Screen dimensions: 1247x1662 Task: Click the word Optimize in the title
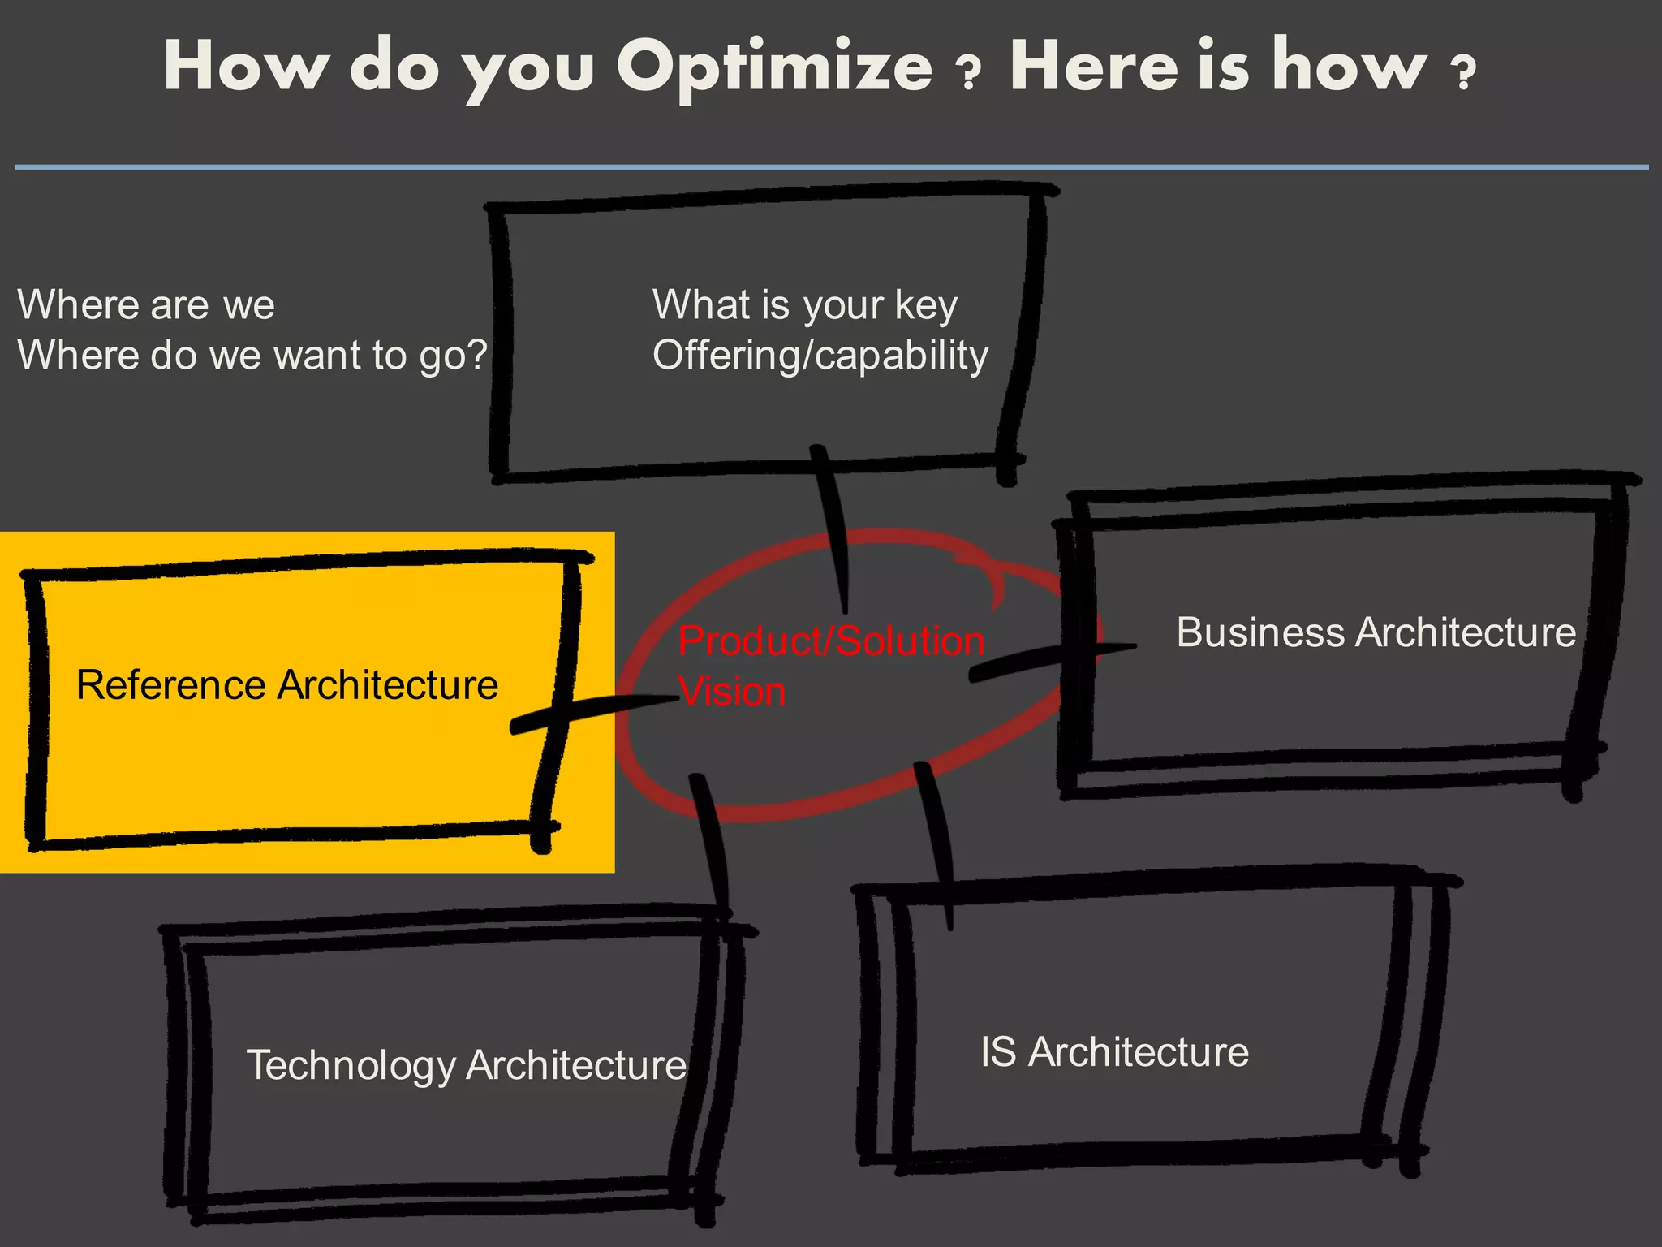click(774, 68)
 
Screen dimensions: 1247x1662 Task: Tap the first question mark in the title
click(969, 74)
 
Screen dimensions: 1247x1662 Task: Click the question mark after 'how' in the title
click(1464, 74)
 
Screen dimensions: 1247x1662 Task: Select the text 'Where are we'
click(146, 305)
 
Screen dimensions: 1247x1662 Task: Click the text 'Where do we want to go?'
click(252, 356)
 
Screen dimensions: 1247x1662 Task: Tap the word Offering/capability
click(820, 356)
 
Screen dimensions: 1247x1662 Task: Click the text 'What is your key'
click(805, 305)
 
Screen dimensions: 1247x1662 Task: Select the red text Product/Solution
click(831, 641)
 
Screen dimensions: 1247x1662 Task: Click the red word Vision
click(732, 692)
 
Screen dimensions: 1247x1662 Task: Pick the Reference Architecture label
click(287, 684)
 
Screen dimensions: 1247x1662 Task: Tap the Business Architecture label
click(1376, 632)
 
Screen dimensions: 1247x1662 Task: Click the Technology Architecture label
click(467, 1065)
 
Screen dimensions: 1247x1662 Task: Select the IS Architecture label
click(1114, 1052)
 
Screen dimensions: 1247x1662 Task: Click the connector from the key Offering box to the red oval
click(833, 528)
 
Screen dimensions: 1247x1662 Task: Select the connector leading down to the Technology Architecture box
click(711, 844)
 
